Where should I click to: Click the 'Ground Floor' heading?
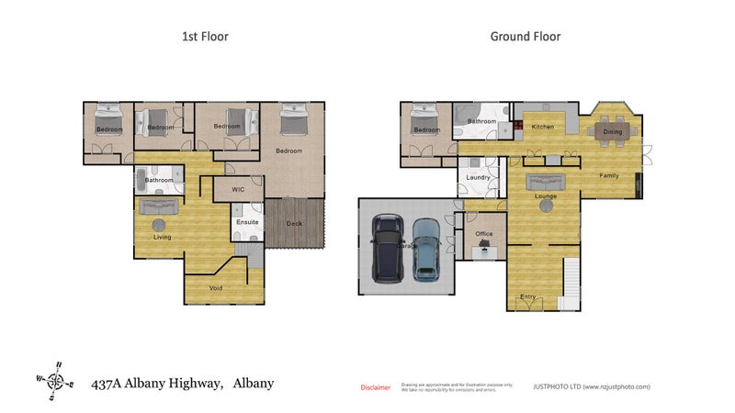tap(526, 37)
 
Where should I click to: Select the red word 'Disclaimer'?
tap(375, 387)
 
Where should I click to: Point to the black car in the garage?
tap(389, 249)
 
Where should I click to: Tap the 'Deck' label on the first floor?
tap(294, 223)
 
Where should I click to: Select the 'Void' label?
tap(216, 287)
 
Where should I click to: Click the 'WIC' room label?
tap(238, 190)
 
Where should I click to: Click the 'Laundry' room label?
tap(478, 177)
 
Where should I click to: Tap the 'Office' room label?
tap(484, 234)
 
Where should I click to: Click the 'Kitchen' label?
tap(543, 126)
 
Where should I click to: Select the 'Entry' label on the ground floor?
tap(527, 296)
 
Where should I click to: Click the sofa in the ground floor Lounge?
tap(545, 181)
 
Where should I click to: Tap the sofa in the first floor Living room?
tap(158, 207)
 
